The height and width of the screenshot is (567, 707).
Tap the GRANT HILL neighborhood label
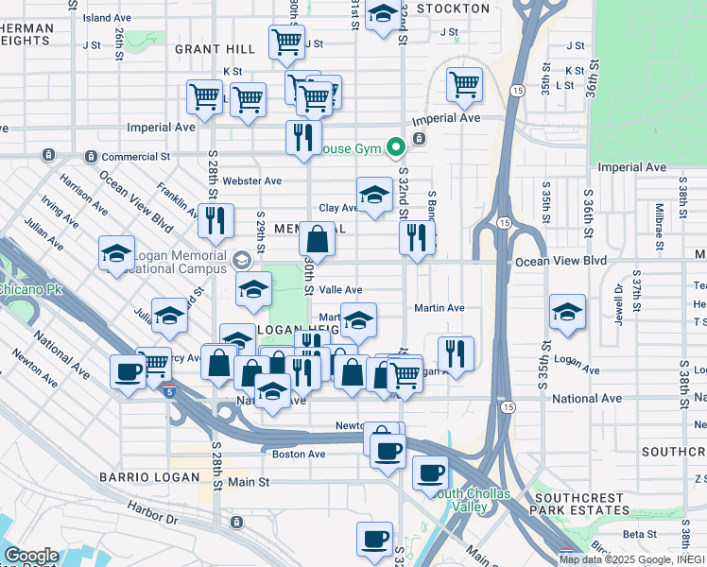[215, 48]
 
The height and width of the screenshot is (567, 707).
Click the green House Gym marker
[395, 147]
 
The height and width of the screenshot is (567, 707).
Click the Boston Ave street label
[300, 454]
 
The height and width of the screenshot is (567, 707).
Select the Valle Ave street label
[342, 290]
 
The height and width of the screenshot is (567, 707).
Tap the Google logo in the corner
[30, 556]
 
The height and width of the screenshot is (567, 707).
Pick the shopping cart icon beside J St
[286, 41]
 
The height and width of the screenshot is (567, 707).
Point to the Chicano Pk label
[30, 289]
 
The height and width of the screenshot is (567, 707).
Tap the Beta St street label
[639, 534]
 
